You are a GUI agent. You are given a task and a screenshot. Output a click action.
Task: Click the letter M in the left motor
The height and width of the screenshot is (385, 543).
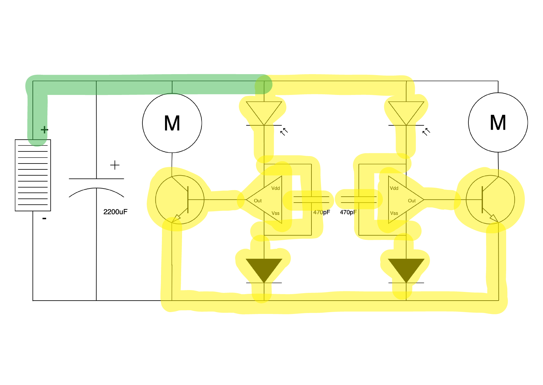tap(172, 123)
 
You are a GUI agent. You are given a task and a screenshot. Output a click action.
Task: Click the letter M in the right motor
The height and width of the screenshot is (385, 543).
tap(498, 123)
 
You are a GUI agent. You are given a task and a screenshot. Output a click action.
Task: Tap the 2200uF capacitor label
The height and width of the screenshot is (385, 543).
tap(115, 212)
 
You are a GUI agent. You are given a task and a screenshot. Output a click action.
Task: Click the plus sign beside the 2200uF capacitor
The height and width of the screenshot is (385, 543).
tap(115, 165)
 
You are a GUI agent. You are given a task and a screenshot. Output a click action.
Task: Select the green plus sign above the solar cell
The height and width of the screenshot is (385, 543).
tap(44, 130)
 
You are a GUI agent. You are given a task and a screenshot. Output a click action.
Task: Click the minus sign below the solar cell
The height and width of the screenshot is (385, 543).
tap(44, 219)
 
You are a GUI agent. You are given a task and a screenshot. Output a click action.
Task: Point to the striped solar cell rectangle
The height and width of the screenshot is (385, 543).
tap(33, 175)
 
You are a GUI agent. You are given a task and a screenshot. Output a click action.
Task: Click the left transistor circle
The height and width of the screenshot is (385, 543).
tap(180, 200)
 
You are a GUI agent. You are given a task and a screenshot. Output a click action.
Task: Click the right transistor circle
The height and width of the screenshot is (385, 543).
tap(490, 200)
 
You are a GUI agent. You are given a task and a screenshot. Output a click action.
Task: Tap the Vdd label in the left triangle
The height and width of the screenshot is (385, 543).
tap(275, 188)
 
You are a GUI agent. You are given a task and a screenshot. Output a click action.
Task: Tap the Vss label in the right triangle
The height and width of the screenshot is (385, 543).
tap(394, 213)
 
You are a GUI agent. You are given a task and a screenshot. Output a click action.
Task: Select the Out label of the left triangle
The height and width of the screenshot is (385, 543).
tap(258, 201)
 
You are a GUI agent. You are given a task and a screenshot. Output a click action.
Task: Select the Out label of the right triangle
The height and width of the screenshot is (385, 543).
tap(411, 201)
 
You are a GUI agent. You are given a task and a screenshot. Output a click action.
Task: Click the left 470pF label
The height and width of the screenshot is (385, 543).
tap(321, 212)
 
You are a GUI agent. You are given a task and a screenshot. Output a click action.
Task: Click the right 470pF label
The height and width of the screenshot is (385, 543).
tap(348, 212)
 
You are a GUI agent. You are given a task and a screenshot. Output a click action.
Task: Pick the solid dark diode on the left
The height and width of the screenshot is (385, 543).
tap(264, 269)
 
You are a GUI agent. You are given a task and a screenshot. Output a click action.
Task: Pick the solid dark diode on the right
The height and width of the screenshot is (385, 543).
tap(406, 269)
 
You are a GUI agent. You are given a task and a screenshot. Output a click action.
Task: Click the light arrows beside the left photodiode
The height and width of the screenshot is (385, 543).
tap(284, 132)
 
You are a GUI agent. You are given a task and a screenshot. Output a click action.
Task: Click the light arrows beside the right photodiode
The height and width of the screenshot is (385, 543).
tap(426, 132)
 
